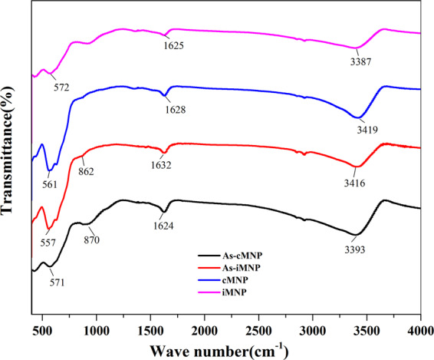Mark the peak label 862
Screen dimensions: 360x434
pos(86,171)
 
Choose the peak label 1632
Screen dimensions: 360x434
pos(160,165)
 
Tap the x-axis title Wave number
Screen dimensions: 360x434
pos(216,350)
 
